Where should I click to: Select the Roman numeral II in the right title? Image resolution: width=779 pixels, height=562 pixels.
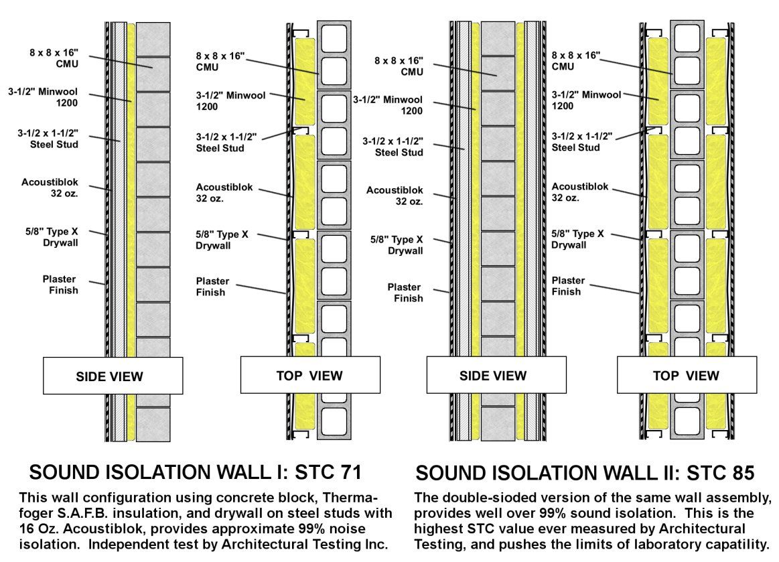[x=663, y=473]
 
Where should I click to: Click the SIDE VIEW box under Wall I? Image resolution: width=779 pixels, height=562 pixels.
[x=113, y=376]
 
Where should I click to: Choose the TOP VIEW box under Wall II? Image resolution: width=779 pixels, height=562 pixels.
[x=687, y=374]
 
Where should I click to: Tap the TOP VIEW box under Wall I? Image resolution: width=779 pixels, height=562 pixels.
[x=310, y=374]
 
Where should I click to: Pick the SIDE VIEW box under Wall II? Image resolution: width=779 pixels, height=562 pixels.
[x=496, y=374]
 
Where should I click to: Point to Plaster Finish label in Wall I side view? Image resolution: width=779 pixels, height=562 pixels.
[x=60, y=285]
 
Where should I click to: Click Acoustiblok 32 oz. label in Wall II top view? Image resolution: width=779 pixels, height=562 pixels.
[x=580, y=192]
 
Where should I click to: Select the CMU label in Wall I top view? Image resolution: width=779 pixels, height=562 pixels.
[x=220, y=62]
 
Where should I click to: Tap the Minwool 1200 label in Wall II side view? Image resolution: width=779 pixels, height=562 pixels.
[x=388, y=105]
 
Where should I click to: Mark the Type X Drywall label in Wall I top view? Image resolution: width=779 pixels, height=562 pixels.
[x=222, y=240]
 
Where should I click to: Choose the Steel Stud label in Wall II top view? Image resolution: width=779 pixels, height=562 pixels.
[x=582, y=141]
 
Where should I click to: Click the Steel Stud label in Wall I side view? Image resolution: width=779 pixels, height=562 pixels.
[x=48, y=139]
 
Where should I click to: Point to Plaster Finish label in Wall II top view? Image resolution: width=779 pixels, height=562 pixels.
[x=568, y=286]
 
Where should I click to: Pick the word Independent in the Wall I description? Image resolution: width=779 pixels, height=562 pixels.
[x=125, y=545]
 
